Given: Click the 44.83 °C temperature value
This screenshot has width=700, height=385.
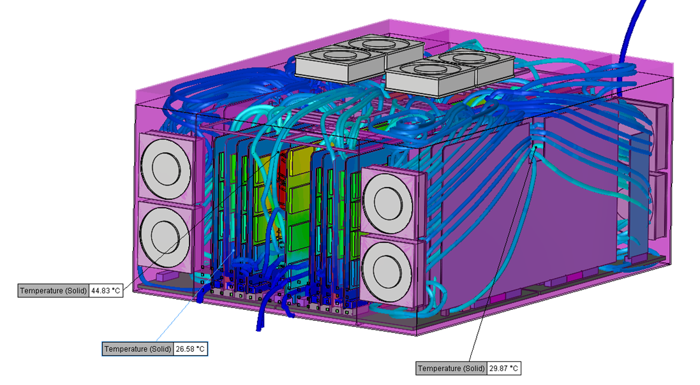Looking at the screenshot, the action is [x=106, y=291].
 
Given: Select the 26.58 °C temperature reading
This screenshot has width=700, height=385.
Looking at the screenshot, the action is [x=190, y=349].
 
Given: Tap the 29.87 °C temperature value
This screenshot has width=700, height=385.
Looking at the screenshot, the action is [x=503, y=368].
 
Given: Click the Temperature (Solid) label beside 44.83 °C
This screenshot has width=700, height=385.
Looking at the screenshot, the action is [x=53, y=291].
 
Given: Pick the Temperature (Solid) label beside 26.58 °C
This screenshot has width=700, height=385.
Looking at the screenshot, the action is [x=137, y=349].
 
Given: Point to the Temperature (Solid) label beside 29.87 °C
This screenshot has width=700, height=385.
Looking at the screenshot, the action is [x=451, y=368].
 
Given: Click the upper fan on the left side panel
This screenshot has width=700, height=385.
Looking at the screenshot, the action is [x=166, y=167].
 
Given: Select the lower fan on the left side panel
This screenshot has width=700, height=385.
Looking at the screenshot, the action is [x=165, y=235].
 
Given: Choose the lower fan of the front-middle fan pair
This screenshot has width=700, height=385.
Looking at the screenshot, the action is [x=387, y=270].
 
